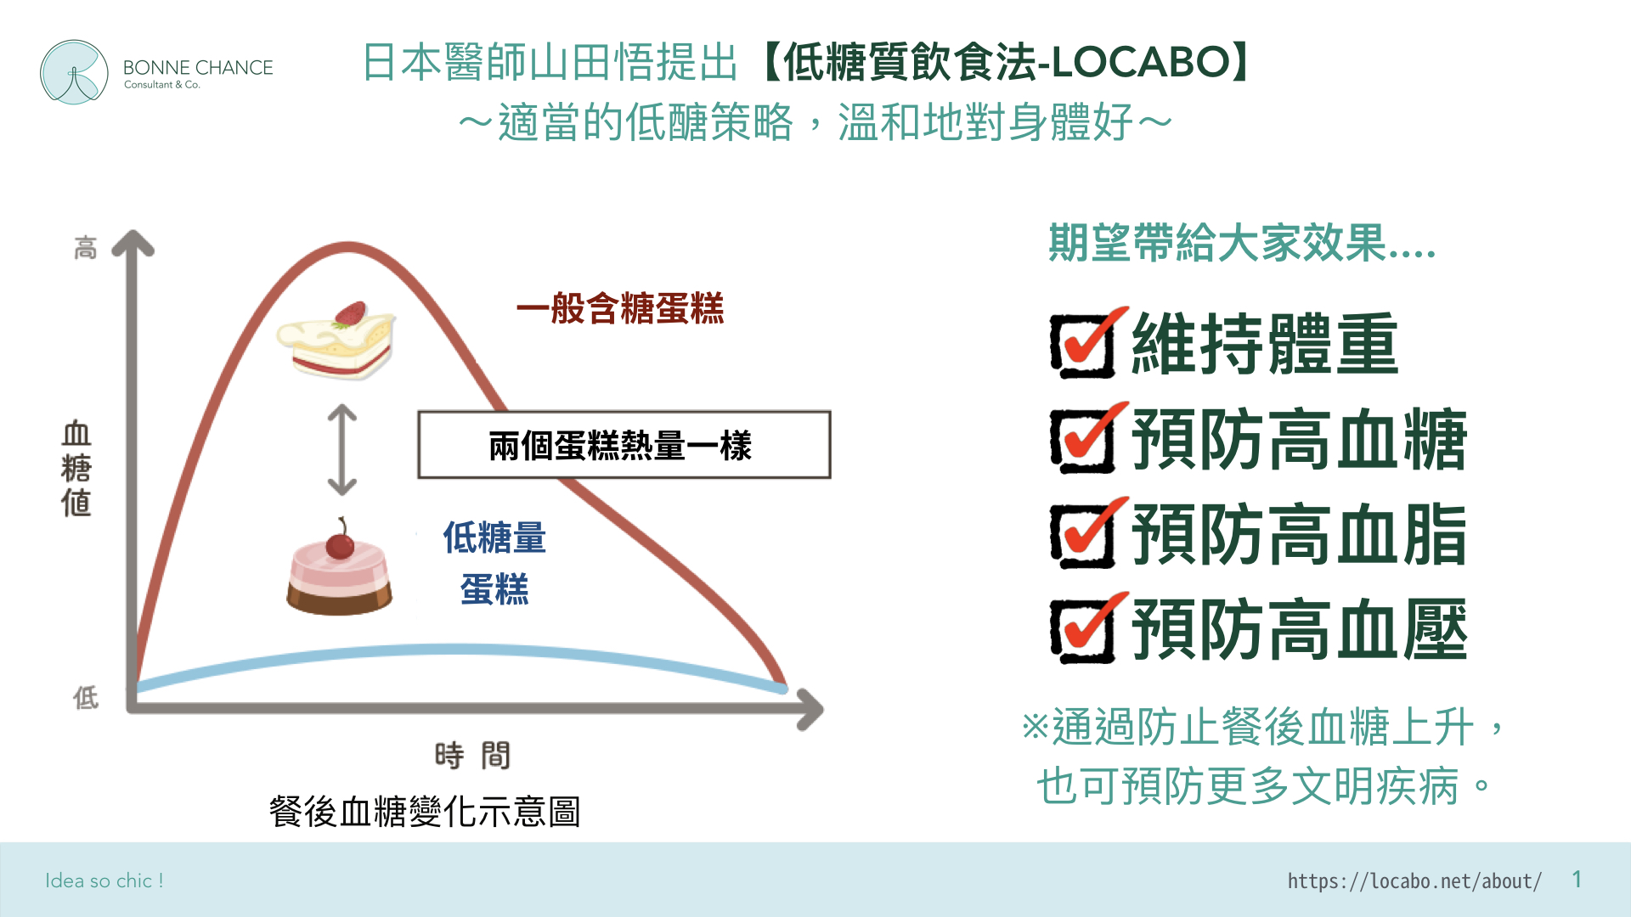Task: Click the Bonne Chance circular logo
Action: (74, 72)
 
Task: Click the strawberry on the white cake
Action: (350, 314)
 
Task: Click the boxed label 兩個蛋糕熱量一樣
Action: (624, 445)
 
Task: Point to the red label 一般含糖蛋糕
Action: (620, 308)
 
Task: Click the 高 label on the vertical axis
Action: (85, 248)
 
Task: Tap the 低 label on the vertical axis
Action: (85, 698)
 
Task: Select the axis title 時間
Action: (472, 755)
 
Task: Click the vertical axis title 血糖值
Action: (76, 469)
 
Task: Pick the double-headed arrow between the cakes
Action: (341, 450)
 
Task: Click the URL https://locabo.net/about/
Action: (1414, 881)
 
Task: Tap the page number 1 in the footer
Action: (1577, 880)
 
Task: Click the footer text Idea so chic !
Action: (104, 880)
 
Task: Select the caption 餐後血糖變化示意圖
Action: (425, 812)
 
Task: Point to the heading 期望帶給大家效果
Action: (1242, 243)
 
